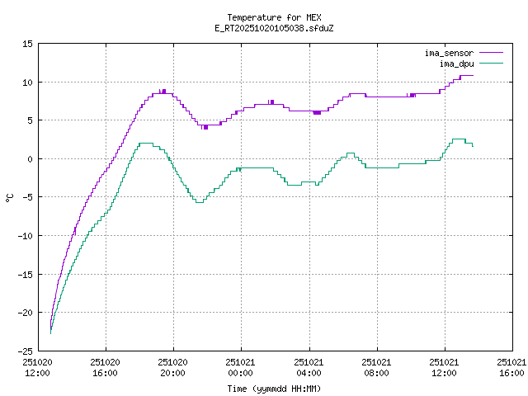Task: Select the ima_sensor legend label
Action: click(x=449, y=53)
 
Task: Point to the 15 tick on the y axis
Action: click(x=27, y=44)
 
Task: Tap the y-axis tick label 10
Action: click(x=27, y=82)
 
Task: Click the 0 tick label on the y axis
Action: click(x=30, y=159)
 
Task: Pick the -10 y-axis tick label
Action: click(x=25, y=236)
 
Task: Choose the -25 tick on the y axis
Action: click(x=25, y=351)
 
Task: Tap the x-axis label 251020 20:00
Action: click(x=173, y=367)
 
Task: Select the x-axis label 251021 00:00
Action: click(x=241, y=367)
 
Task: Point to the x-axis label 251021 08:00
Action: click(x=376, y=367)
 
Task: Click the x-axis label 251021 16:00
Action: click(x=511, y=367)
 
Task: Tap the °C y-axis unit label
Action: click(x=10, y=197)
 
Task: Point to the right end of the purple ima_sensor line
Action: click(x=473, y=76)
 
